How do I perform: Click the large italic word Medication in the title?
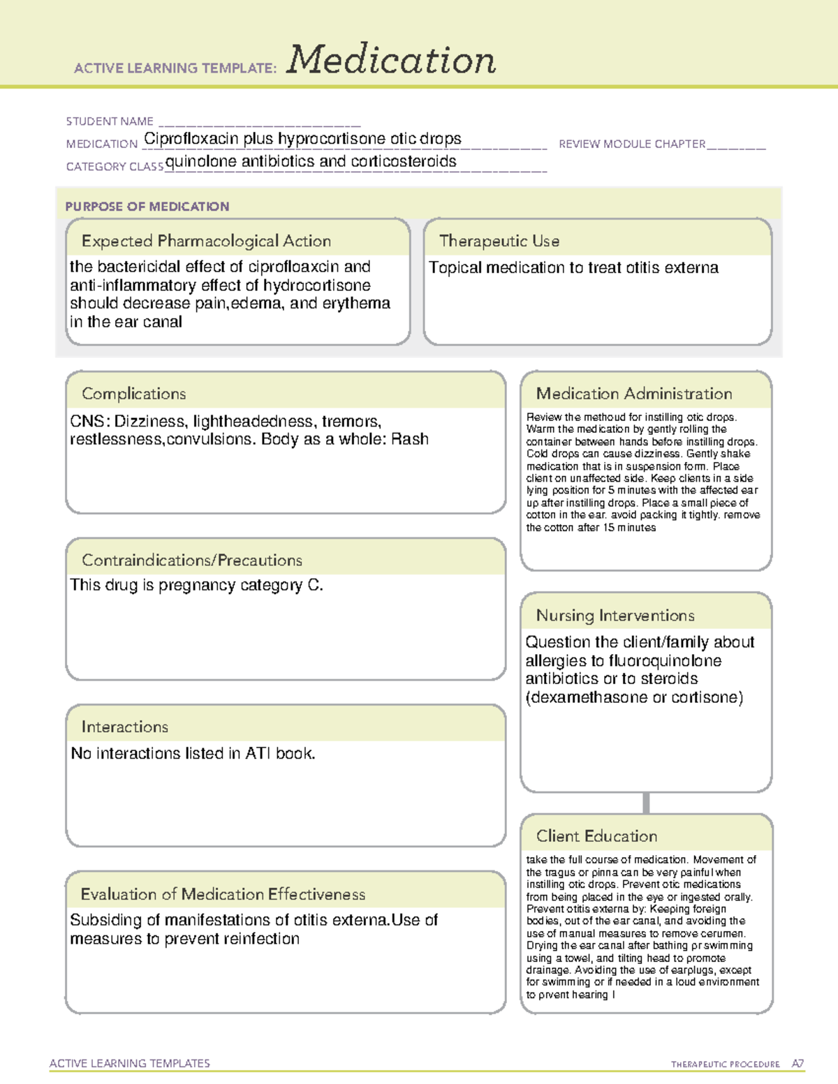coord(391,60)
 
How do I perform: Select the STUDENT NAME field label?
coord(110,121)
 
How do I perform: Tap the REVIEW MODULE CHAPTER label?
coord(632,144)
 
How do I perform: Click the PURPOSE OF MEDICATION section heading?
coord(147,207)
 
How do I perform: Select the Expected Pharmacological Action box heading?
coord(206,242)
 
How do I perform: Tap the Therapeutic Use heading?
coord(499,242)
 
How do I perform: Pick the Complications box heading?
coord(134,394)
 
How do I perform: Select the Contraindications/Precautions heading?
coord(192,560)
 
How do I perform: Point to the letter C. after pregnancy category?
coord(316,586)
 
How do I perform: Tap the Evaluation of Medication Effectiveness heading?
coord(223,895)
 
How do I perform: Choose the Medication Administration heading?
coord(634,394)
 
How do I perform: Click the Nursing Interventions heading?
coord(615,616)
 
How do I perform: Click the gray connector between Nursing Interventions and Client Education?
coord(646,803)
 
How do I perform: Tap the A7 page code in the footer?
coord(797,1064)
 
